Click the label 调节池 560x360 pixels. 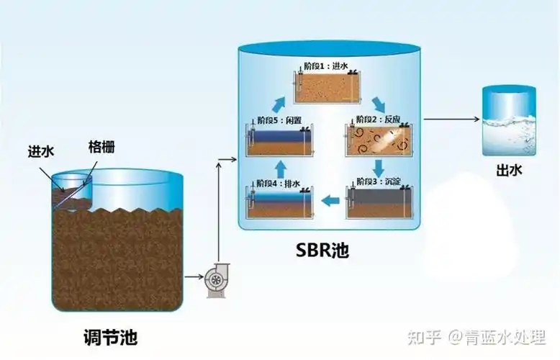pos(109,336)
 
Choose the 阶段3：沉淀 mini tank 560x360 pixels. pos(376,201)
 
